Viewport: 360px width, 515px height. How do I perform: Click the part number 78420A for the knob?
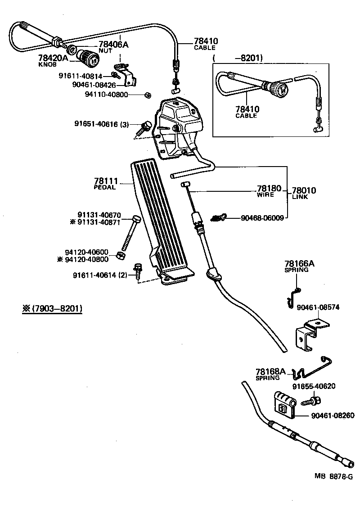pyautogui.click(x=53, y=58)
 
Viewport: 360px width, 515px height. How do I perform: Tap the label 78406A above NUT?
pyautogui.click(x=113, y=45)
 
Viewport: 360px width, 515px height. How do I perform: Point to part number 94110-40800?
pyautogui.click(x=106, y=95)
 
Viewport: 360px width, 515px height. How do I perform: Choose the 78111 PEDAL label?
pyautogui.click(x=105, y=183)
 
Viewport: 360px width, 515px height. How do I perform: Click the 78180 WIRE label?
pyautogui.click(x=269, y=190)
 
